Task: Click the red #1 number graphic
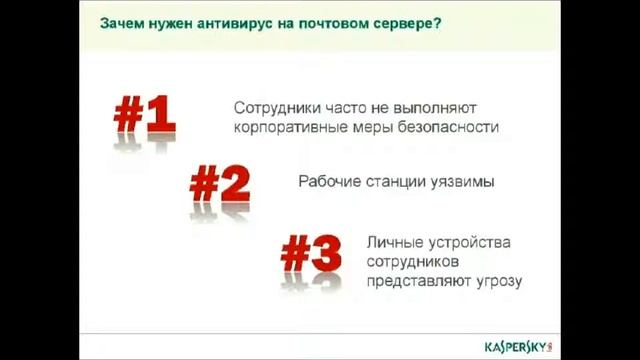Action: (x=144, y=119)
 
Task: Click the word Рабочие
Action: (x=330, y=183)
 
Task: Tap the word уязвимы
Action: (x=463, y=183)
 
